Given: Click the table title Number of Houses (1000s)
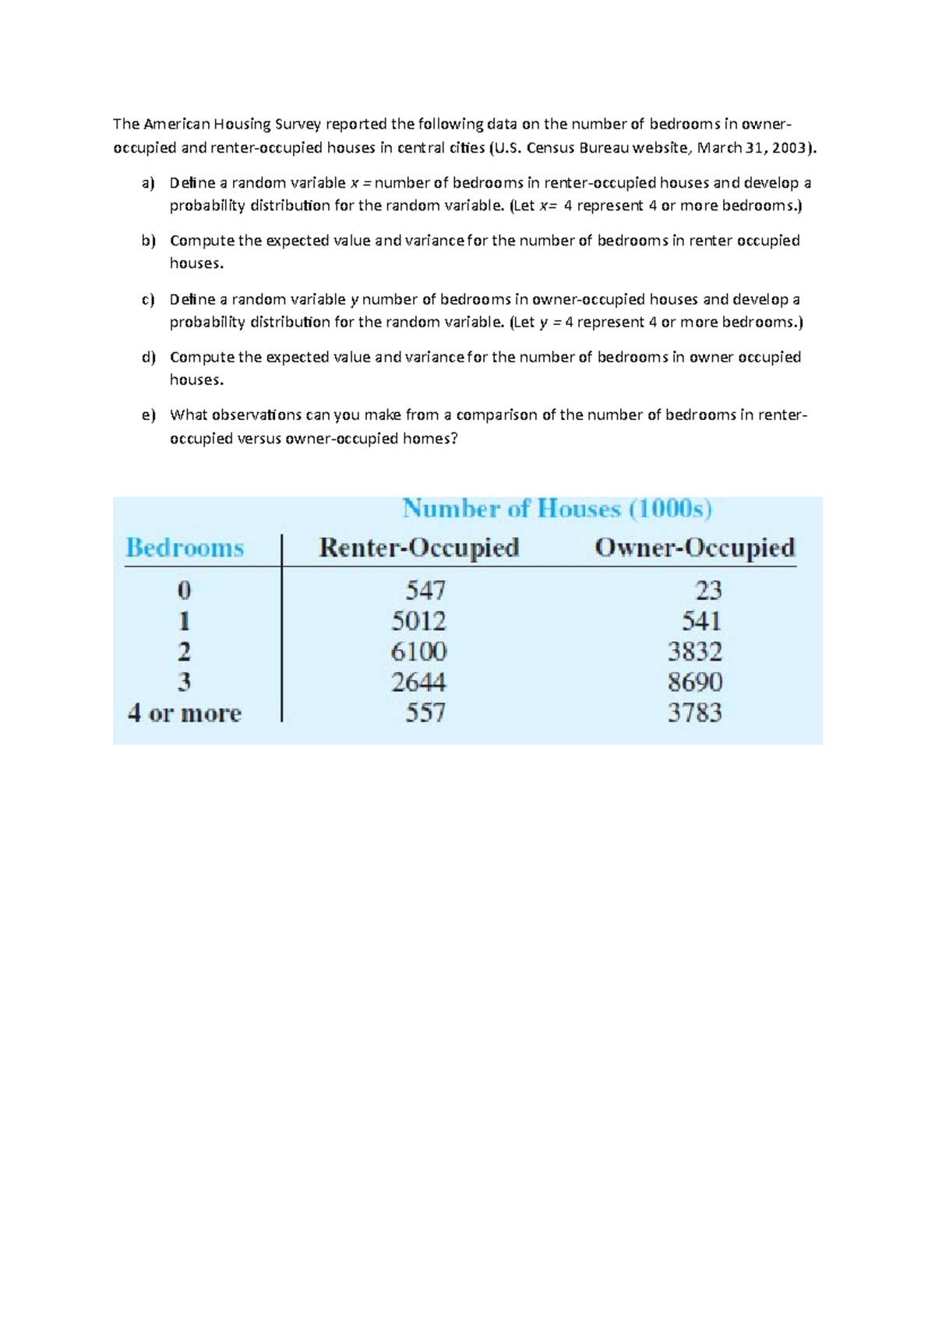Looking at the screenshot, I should (557, 510).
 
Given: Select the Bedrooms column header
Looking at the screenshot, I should (185, 548).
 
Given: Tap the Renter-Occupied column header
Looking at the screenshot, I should (419, 548).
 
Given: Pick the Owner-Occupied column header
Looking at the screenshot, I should (694, 548).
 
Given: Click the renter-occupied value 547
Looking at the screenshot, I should (425, 591).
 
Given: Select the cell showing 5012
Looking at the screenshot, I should (418, 621).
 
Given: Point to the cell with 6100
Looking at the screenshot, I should (418, 651).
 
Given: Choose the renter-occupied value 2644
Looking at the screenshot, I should (418, 683).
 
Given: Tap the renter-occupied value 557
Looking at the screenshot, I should (425, 713).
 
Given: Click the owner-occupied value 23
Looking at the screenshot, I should (708, 591).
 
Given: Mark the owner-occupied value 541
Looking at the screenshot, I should (701, 621).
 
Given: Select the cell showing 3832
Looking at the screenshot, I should (694, 651).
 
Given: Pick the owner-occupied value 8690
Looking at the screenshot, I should (694, 683).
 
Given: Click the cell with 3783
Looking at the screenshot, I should (694, 713).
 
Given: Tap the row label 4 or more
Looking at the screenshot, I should (185, 713).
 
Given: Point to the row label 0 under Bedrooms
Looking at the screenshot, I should (184, 591).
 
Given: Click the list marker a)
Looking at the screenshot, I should (148, 183).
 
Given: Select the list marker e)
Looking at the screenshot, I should (148, 415).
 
